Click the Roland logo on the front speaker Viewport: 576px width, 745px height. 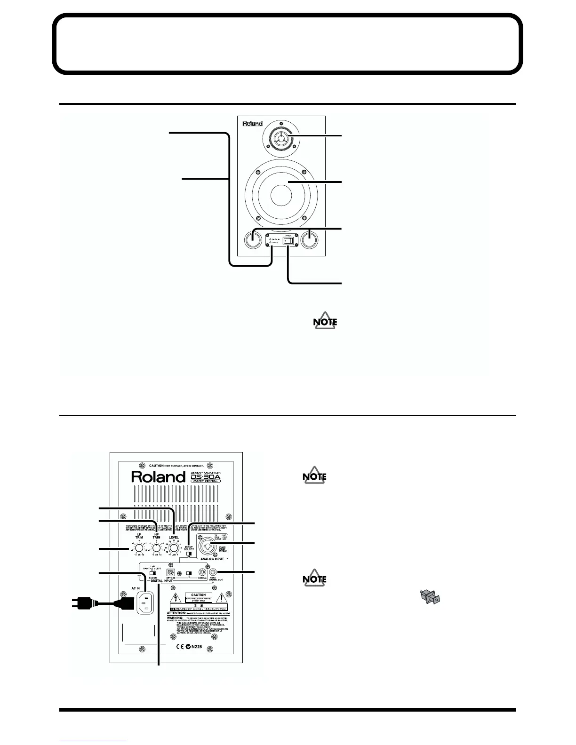click(x=252, y=124)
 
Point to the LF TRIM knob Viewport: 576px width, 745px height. click(x=139, y=548)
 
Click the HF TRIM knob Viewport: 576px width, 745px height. click(x=156, y=548)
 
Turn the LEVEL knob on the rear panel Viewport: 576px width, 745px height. click(x=174, y=548)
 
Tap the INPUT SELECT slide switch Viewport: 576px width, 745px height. click(x=189, y=555)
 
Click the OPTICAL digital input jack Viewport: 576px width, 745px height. click(x=171, y=573)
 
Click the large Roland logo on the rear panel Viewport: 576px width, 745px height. click(x=158, y=476)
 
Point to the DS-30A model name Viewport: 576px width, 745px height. click(x=205, y=477)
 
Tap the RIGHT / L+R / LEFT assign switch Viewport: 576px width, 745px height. click(x=152, y=573)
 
